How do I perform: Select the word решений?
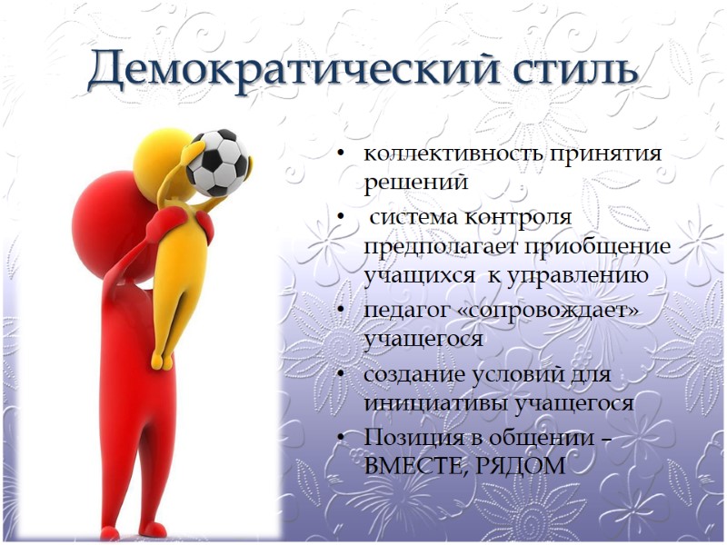[415, 182]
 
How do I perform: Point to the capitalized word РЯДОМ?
[523, 465]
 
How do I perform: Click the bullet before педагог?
[342, 312]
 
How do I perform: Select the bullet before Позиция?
[342, 438]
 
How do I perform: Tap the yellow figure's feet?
[164, 362]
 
